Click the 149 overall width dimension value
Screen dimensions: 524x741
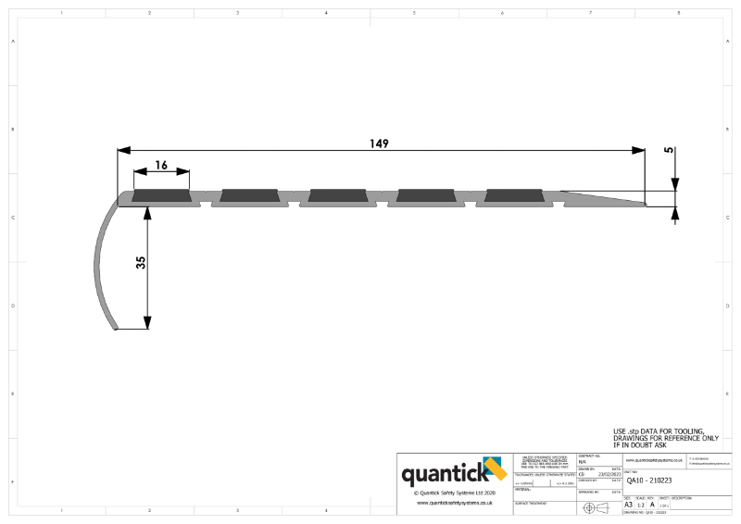click(x=378, y=143)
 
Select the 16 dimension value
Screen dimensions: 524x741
click(x=160, y=165)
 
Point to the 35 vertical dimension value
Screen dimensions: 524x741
click(x=141, y=262)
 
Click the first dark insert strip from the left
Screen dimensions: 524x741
click(x=162, y=196)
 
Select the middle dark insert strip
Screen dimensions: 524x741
click(x=337, y=196)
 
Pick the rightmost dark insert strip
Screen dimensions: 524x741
click(x=513, y=196)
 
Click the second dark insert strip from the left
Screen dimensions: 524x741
click(x=250, y=196)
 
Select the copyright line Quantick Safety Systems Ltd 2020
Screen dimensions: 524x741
click(x=453, y=493)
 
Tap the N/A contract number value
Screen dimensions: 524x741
click(x=583, y=461)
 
